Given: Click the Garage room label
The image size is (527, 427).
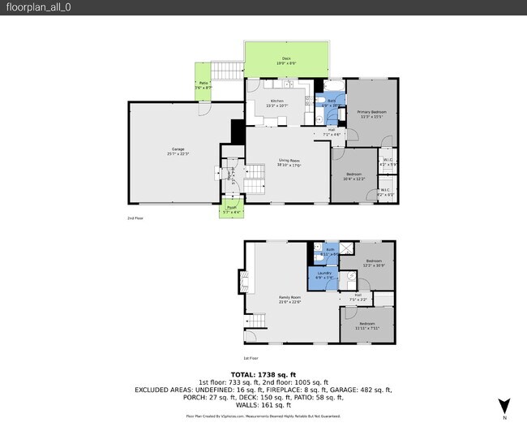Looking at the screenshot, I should pos(178,150).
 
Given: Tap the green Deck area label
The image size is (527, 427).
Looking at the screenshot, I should pos(286,60).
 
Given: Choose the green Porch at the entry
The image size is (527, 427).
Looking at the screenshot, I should pos(232,209).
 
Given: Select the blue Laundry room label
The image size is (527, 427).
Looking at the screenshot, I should pos(323,274).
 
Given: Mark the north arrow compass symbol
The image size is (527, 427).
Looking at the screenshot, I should pos(504,406).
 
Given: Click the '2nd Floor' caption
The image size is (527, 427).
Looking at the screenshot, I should pos(135,218).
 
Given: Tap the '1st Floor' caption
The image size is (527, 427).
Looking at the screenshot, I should pos(251,357).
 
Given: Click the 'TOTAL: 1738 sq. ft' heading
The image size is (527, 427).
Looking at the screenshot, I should pos(263,375).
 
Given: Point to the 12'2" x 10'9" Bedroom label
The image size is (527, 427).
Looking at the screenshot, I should pos(373,263).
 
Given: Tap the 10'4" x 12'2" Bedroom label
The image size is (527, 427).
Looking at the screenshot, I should pos(353,176).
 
